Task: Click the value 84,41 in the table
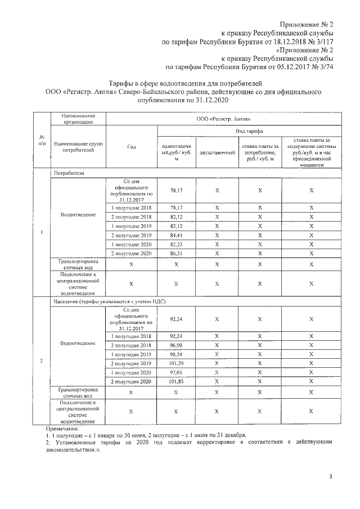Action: pyautogui.click(x=176, y=235)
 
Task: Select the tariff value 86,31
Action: pyautogui.click(x=176, y=254)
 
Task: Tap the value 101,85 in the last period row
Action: pyautogui.click(x=176, y=382)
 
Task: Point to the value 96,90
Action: pyautogui.click(x=176, y=345)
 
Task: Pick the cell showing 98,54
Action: pyautogui.click(x=176, y=354)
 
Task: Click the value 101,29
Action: pyautogui.click(x=176, y=363)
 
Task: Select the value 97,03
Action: pyautogui.click(x=176, y=372)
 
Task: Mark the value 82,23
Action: pyautogui.click(x=176, y=245)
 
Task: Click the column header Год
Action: pyautogui.click(x=132, y=147)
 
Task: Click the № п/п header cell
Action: pyautogui.click(x=42, y=141)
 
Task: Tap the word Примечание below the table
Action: pyautogui.click(x=62, y=429)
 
